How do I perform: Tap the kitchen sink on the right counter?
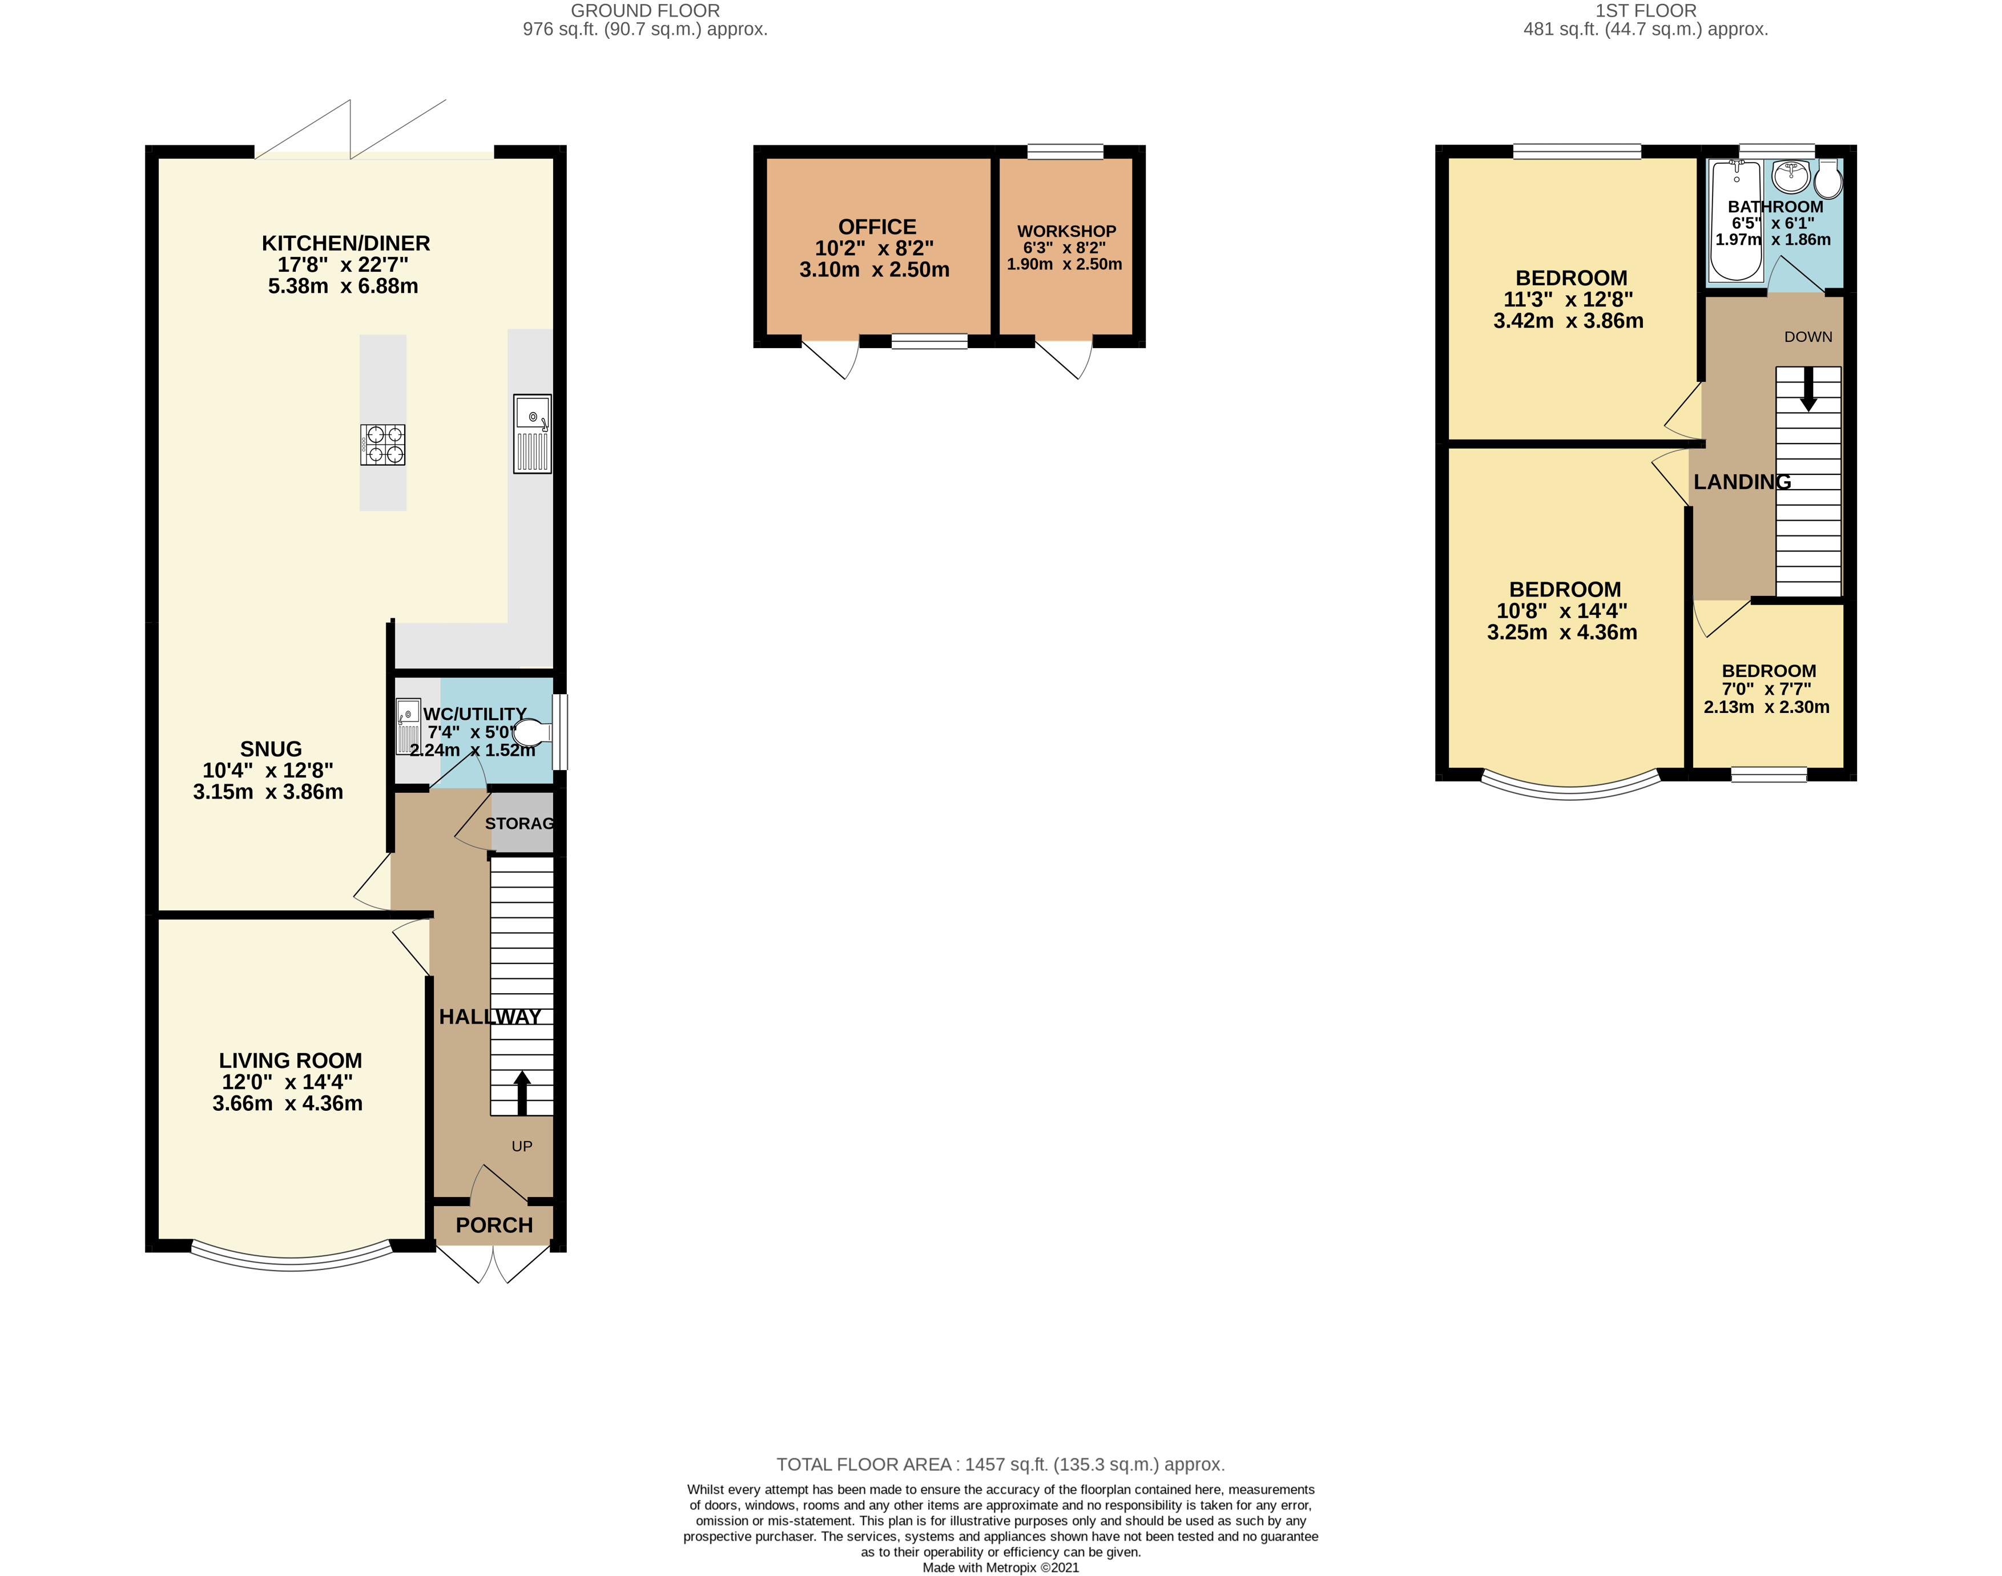point(533,434)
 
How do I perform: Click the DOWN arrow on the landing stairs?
point(1808,389)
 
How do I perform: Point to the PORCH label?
point(494,1226)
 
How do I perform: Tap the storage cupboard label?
point(519,823)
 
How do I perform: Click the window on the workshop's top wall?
point(1066,151)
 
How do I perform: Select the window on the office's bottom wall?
point(929,341)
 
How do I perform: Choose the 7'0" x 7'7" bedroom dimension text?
point(1767,690)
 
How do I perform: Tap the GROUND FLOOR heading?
point(646,11)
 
